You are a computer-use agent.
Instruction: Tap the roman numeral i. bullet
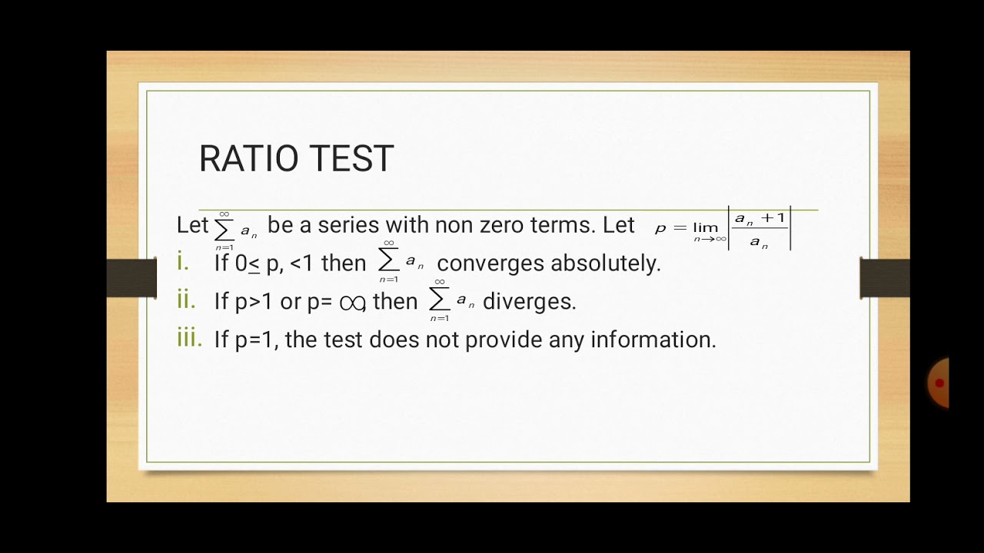pyautogui.click(x=183, y=263)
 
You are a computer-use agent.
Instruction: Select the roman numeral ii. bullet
pyautogui.click(x=186, y=300)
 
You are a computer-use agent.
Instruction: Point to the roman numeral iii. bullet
pyautogui.click(x=189, y=339)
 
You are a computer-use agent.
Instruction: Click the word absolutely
pyautogui.click(x=606, y=263)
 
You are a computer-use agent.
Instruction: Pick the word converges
pyautogui.click(x=490, y=263)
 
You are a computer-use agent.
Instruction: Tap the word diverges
pyautogui.click(x=529, y=302)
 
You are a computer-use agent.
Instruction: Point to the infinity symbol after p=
pyautogui.click(x=351, y=303)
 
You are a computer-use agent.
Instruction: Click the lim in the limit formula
pyautogui.click(x=705, y=227)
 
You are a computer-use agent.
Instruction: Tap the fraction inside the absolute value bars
pyautogui.click(x=760, y=230)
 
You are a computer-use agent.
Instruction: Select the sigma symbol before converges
pyautogui.click(x=388, y=262)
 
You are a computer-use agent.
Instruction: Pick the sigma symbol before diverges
pyautogui.click(x=439, y=300)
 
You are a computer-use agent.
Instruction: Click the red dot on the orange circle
pyautogui.click(x=939, y=382)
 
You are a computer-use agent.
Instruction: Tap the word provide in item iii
pyautogui.click(x=504, y=339)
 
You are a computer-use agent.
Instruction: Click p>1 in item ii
pyautogui.click(x=254, y=302)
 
